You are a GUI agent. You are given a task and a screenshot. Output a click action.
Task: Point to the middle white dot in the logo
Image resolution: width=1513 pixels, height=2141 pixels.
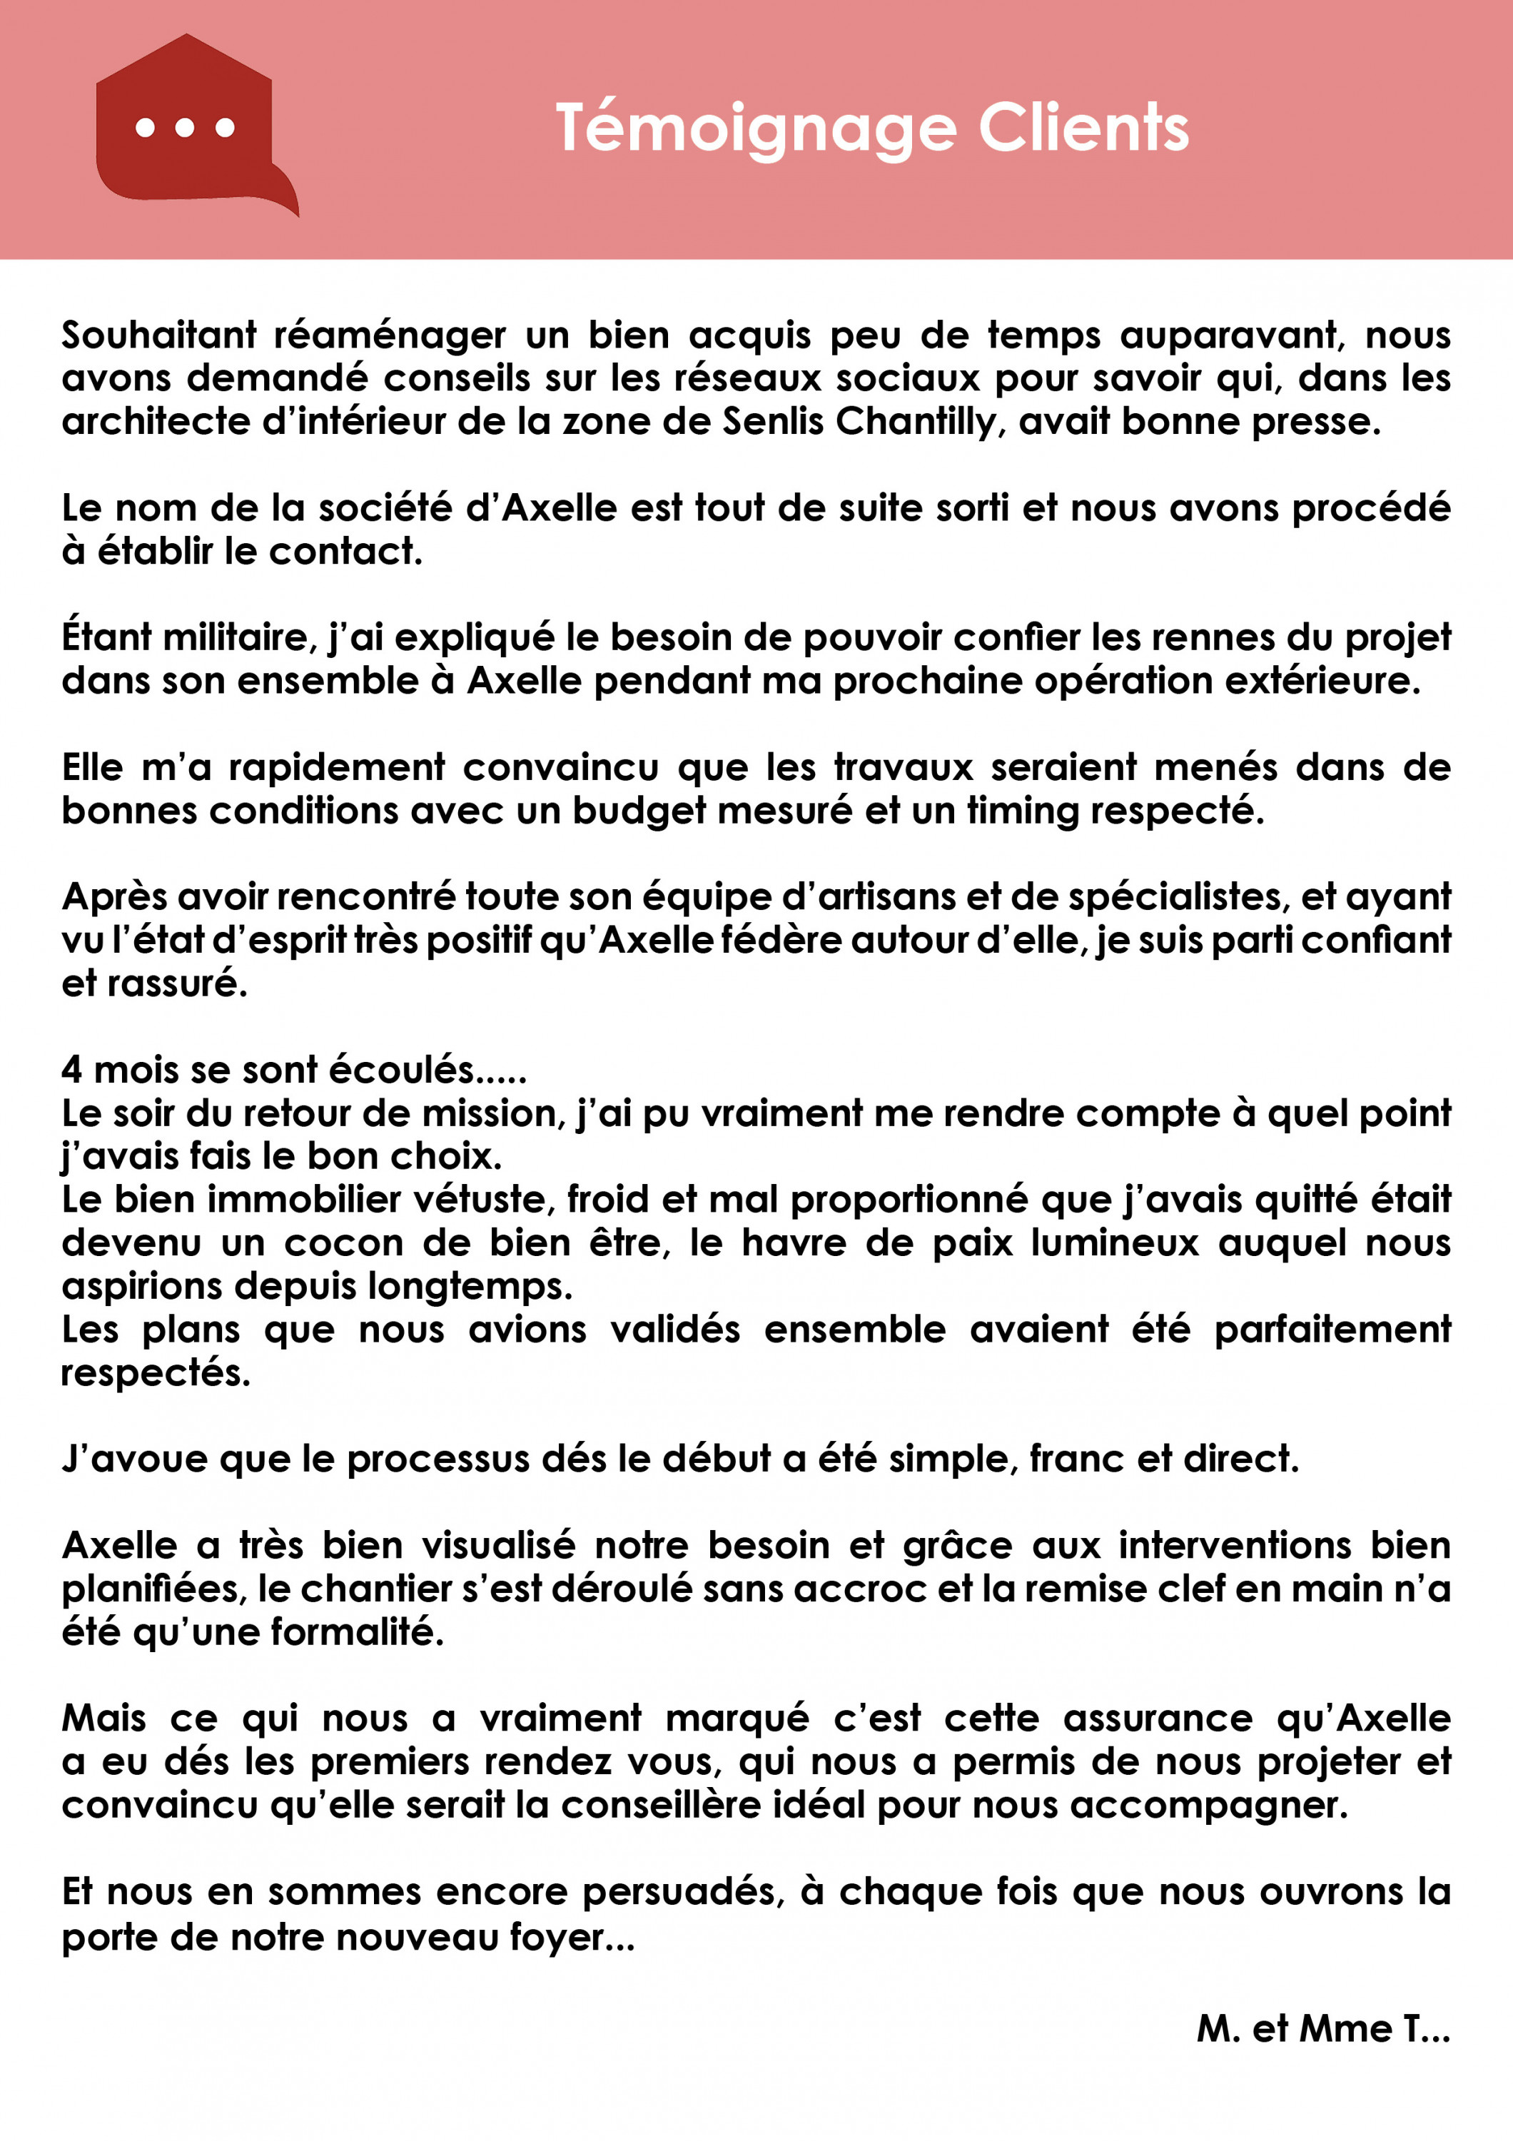tap(185, 128)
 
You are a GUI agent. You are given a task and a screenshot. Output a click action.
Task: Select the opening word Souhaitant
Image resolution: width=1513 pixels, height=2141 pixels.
tap(158, 335)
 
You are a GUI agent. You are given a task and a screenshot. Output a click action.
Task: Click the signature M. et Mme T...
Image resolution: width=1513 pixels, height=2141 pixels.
tap(1323, 2028)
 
